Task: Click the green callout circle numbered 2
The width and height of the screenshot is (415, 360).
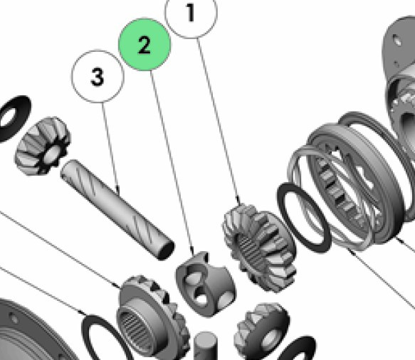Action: click(x=145, y=44)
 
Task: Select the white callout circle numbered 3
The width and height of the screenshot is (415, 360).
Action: click(x=98, y=76)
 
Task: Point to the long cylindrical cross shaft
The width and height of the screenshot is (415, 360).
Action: click(x=117, y=209)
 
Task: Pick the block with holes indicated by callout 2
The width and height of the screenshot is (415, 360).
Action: click(x=206, y=285)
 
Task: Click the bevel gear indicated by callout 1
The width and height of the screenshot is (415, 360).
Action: click(x=260, y=248)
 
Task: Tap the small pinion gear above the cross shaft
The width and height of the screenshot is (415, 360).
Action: click(x=42, y=145)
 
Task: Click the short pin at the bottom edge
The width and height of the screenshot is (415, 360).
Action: click(x=206, y=346)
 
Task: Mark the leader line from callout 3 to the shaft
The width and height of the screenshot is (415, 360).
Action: click(x=110, y=149)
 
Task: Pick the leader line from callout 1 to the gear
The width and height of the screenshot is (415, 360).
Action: click(x=219, y=122)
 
